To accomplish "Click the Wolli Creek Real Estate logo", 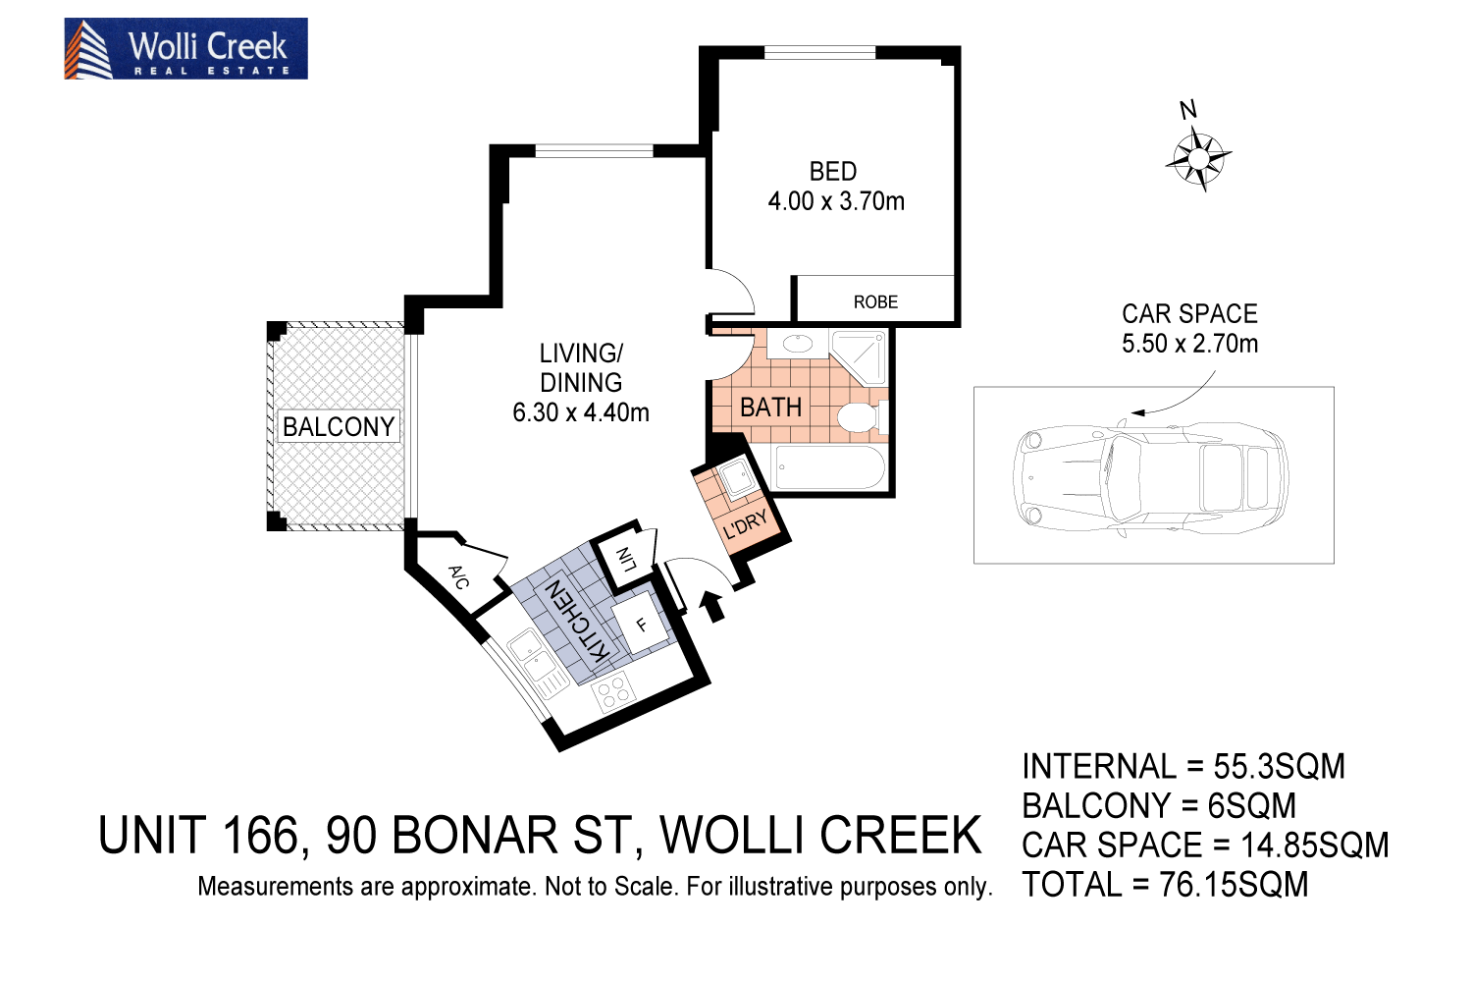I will [185, 49].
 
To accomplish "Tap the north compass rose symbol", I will [1198, 158].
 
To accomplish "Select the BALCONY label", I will [339, 426].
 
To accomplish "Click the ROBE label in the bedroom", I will [875, 302].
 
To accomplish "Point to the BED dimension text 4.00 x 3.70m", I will [836, 201].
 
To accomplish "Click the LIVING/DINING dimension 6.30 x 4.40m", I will [581, 412].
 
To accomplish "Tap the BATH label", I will [770, 408].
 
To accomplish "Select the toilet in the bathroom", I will [860, 416].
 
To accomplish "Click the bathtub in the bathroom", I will [830, 468].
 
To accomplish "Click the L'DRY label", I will [746, 525].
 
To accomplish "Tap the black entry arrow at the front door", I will [714, 606].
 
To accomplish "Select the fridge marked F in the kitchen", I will [641, 625].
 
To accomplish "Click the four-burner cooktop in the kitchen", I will [614, 693].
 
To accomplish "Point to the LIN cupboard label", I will [625, 560].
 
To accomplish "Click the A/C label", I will [458, 576].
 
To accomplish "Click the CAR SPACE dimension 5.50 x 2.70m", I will [1189, 344].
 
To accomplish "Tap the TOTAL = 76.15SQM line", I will [1165, 885].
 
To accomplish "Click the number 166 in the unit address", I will [259, 837].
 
